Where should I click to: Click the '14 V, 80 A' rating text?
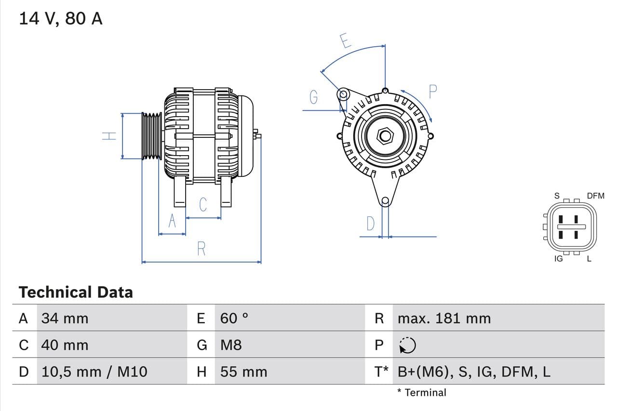click(60, 19)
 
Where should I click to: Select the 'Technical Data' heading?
click(76, 292)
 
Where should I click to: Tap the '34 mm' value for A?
click(65, 318)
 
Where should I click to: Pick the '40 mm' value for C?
click(65, 345)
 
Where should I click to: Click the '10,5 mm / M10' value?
click(94, 371)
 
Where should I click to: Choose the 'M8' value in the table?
click(231, 345)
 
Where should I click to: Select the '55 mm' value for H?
click(243, 371)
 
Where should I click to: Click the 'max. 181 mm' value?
click(444, 318)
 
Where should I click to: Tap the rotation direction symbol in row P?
click(407, 345)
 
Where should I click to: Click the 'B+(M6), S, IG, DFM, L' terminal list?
click(474, 371)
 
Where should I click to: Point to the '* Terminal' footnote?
click(422, 392)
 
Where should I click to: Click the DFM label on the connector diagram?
click(595, 196)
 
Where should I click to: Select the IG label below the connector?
click(558, 259)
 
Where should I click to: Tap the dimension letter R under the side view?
click(201, 249)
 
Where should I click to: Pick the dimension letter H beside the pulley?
click(110, 136)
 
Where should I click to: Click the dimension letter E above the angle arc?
click(345, 40)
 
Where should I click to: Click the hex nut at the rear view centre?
click(385, 135)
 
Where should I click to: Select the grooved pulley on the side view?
click(152, 136)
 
